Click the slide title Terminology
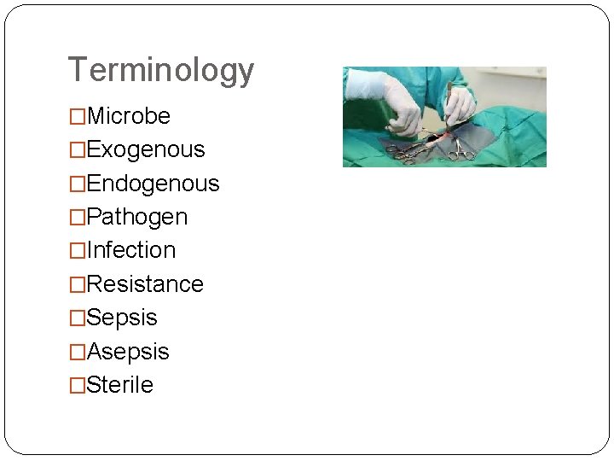tap(160, 70)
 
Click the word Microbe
tap(128, 116)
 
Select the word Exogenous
tap(146, 149)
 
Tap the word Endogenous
tap(153, 184)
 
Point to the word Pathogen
tap(136, 217)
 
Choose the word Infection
tap(130, 250)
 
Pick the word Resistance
tap(145, 284)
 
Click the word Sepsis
tap(122, 318)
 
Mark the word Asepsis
tap(128, 352)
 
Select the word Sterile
tap(119, 385)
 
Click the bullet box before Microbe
tap(78, 117)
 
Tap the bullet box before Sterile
tap(78, 386)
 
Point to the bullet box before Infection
tap(78, 251)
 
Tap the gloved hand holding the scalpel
tap(460, 107)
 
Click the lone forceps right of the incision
tap(462, 150)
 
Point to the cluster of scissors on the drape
tap(407, 151)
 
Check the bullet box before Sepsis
tap(78, 318)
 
